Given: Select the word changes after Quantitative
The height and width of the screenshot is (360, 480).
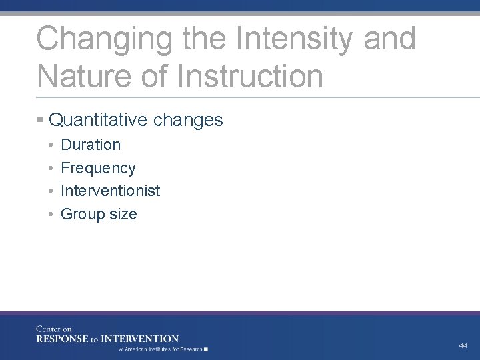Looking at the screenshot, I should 188,120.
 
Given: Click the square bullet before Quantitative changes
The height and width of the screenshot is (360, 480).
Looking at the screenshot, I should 41,120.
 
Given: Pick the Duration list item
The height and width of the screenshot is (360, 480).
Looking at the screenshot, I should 91,145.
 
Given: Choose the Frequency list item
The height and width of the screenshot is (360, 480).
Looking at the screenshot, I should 98,168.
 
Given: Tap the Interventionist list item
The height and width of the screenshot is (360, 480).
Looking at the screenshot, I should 111,191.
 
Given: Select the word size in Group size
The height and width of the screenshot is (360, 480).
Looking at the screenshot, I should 123,214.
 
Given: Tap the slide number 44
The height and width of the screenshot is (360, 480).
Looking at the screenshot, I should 463,345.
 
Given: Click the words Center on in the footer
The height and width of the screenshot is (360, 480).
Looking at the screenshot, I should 54,329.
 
